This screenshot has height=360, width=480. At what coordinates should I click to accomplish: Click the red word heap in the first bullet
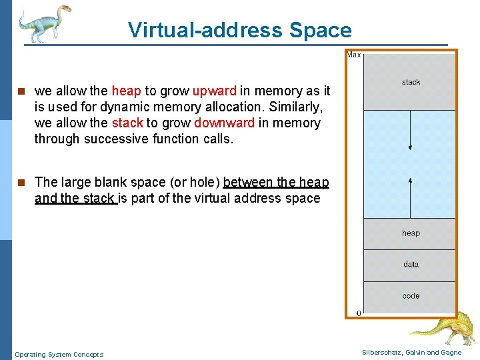point(126,91)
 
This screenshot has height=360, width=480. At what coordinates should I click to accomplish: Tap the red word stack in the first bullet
point(127,123)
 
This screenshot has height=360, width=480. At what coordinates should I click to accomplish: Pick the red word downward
point(224,123)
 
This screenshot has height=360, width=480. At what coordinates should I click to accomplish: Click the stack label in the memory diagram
point(411,82)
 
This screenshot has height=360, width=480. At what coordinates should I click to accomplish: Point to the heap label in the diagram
point(411,233)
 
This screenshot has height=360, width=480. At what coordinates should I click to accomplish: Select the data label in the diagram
point(411,264)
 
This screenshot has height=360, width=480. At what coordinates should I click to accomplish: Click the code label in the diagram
point(411,295)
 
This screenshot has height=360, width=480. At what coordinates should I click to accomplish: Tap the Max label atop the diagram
point(354,55)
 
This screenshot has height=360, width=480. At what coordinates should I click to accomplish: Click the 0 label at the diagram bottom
point(359,313)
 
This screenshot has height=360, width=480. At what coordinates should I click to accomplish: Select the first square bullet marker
point(21,91)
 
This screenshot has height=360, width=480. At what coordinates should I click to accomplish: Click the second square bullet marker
point(21,182)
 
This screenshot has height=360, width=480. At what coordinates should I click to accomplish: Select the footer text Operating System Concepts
point(59,355)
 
